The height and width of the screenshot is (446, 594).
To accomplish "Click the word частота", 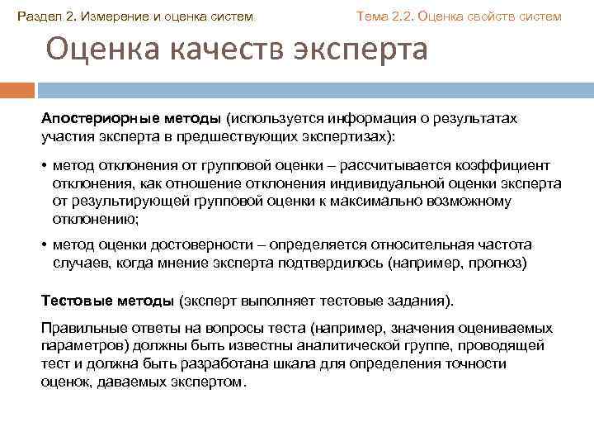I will [507, 244].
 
